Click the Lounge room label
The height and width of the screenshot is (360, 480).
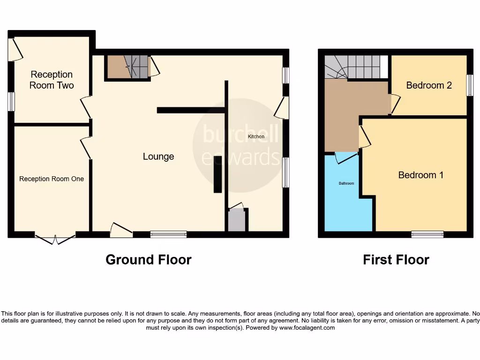coord(158,157)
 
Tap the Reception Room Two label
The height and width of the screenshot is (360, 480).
coord(52,80)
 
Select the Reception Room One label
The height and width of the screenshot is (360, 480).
coord(52,179)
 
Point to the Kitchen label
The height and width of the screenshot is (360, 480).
coord(256,136)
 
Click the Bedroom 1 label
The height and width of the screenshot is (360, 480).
coord(420,175)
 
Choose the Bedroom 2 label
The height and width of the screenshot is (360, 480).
coord(429,85)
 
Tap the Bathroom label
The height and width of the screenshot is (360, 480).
coord(346,183)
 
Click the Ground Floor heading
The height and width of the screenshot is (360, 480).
coord(149,260)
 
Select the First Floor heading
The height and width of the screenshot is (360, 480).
coord(396,260)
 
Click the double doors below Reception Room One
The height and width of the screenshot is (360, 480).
coord(55,239)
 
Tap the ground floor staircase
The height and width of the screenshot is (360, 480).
coord(127,67)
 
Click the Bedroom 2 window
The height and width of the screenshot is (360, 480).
coord(469,85)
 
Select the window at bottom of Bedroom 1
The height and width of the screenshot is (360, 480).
coord(427,234)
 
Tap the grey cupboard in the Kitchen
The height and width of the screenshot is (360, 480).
coord(236,220)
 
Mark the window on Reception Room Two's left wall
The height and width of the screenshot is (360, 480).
coord(11,101)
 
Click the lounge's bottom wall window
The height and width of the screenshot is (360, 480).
coord(168,234)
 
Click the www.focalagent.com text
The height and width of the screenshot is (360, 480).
coord(307,328)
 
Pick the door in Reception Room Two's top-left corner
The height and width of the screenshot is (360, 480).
coord(16,49)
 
